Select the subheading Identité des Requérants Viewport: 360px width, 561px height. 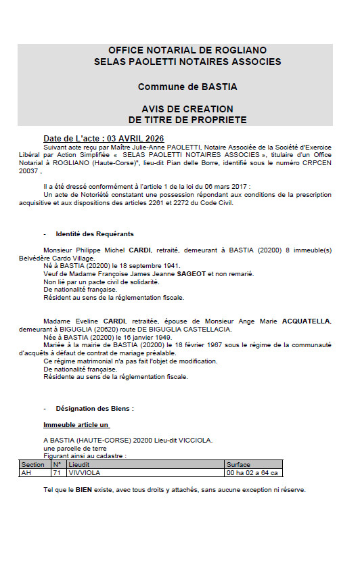click(x=95, y=233)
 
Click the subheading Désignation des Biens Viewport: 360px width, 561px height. click(x=95, y=409)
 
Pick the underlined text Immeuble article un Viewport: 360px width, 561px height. click(x=76, y=425)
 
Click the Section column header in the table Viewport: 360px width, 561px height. click(x=33, y=465)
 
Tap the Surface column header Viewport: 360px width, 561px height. click(x=239, y=465)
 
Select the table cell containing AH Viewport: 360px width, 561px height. click(x=26, y=473)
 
